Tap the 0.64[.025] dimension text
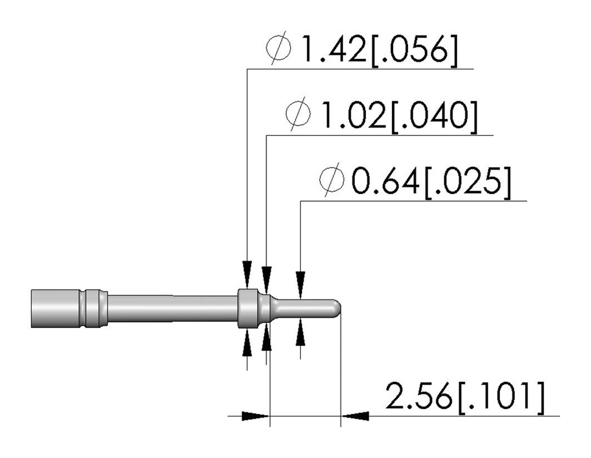(x=431, y=183)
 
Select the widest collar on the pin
(x=247, y=308)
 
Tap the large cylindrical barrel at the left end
(x=55, y=308)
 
